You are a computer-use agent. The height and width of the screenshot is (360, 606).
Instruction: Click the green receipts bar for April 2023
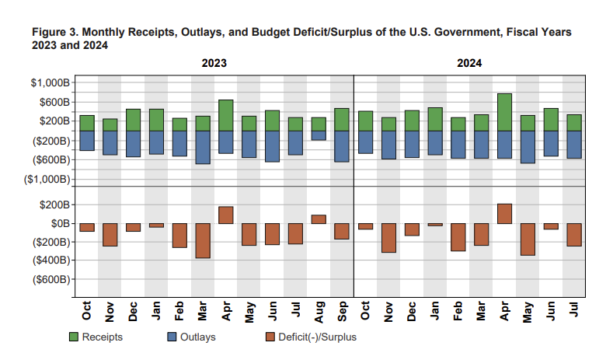225,115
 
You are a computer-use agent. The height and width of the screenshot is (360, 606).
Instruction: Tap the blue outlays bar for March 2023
202,147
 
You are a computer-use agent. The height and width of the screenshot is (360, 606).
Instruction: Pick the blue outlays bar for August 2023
319,135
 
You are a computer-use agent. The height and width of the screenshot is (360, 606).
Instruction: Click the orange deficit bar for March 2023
202,240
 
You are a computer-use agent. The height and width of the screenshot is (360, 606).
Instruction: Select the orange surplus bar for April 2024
504,214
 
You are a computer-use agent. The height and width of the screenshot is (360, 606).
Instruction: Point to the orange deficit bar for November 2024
388,238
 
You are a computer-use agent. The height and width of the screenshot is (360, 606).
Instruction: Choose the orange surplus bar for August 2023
319,219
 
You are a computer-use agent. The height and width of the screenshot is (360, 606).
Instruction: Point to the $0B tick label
57,223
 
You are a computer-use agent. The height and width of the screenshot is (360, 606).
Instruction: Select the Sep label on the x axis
342,313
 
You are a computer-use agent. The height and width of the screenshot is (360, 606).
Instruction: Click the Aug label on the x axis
319,313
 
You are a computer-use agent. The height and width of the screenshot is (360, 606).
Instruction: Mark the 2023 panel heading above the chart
214,63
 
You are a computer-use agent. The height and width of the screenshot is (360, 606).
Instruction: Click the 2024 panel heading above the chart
469,63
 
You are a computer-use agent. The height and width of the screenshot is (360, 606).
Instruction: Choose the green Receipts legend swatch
74,337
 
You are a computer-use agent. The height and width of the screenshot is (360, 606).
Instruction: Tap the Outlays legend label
197,337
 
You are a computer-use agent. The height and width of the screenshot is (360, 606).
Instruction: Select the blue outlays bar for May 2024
528,147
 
